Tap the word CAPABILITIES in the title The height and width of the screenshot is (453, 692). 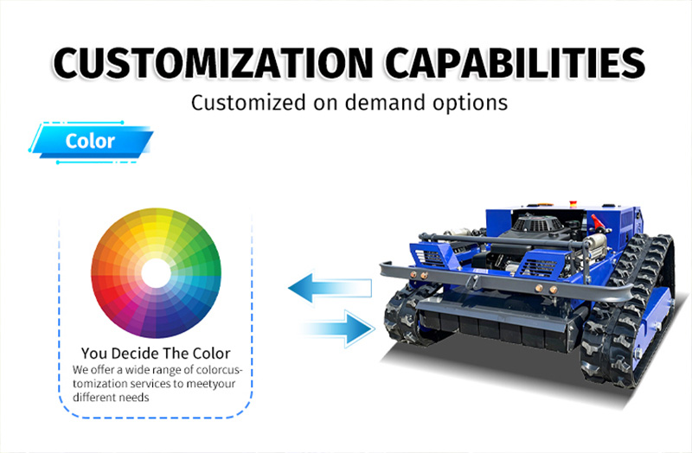click(516, 62)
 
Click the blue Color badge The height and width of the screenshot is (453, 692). click(91, 142)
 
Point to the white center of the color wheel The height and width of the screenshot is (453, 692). click(156, 273)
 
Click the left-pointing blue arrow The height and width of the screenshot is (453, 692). click(330, 288)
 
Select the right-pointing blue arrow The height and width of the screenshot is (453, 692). click(338, 329)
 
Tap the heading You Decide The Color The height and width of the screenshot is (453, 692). click(156, 354)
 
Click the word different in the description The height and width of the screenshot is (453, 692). click(92, 398)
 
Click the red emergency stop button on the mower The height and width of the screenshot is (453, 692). click(573, 204)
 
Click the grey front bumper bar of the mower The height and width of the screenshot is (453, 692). click(508, 283)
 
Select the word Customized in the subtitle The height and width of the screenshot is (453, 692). click(248, 103)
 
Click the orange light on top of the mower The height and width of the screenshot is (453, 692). click(542, 204)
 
